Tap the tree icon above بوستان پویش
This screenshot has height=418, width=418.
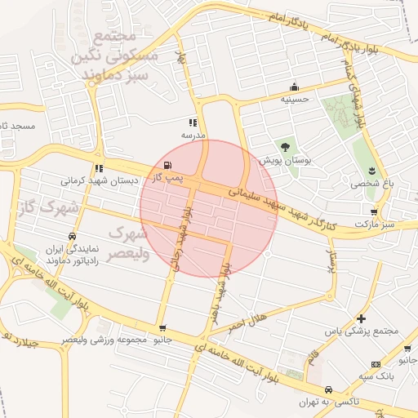(284, 147)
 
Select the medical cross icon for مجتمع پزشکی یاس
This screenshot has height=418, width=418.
(361, 318)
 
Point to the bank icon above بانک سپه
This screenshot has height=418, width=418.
(375, 364)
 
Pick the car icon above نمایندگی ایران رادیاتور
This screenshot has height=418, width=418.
(73, 237)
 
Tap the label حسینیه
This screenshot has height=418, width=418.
(294, 99)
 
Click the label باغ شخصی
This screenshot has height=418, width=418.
(372, 184)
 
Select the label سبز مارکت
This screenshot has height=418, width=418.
(375, 224)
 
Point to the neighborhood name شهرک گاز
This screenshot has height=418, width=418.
(40, 208)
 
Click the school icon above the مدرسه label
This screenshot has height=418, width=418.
(193, 122)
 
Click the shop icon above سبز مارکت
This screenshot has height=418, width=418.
(374, 211)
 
